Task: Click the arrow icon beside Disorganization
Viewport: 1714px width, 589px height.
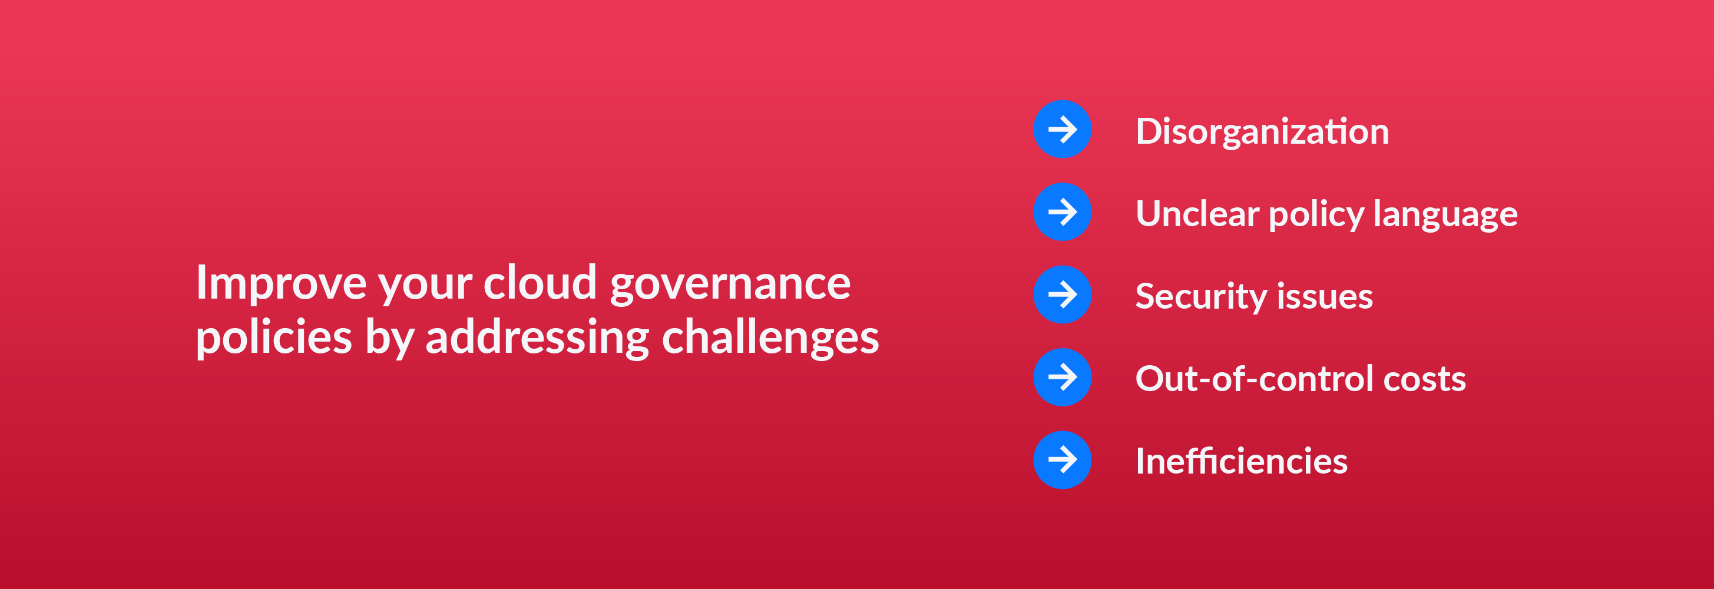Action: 1062,129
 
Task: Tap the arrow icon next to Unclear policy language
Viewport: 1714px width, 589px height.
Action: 1062,211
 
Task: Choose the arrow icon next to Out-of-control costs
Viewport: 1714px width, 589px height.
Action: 1062,378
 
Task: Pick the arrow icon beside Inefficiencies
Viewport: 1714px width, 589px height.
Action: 1062,460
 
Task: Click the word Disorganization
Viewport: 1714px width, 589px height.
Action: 1262,131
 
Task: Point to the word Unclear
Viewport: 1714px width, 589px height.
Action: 1197,214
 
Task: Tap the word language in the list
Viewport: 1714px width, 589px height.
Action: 1445,215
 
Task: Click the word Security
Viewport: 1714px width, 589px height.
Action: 1200,297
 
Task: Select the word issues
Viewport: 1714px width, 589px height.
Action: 1325,297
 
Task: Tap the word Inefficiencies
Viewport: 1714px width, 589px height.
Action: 1241,461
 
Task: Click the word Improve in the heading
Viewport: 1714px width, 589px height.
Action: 280,283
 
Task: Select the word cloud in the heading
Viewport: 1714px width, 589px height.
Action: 540,282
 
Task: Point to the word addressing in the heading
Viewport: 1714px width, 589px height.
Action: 537,337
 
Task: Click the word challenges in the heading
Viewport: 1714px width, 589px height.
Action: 770,337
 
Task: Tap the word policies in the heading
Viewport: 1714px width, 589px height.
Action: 273,338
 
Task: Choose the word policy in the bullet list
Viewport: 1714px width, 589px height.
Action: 1316,215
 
